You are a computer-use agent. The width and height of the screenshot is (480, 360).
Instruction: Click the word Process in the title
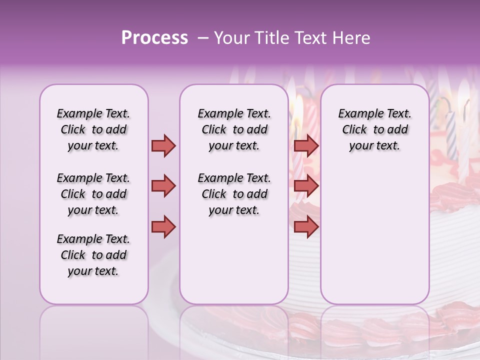coord(154,38)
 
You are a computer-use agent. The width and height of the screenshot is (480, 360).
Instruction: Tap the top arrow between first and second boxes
coord(163,145)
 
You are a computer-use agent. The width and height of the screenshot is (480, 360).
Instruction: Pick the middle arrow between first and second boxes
coord(163,186)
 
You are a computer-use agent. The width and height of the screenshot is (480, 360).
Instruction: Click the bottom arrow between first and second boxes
coord(163,227)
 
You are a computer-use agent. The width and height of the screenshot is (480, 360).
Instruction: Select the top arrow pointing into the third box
coord(306,145)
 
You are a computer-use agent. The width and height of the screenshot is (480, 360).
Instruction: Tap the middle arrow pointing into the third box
coord(306,186)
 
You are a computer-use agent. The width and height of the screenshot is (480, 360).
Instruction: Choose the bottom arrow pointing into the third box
coord(306,227)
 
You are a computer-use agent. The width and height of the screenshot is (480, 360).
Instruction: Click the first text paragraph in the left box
coord(93,129)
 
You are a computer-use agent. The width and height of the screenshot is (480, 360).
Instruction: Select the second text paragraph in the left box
coord(93,194)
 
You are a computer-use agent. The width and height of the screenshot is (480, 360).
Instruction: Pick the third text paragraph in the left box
coord(93,255)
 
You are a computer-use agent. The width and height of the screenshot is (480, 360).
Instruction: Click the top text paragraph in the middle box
coord(234,129)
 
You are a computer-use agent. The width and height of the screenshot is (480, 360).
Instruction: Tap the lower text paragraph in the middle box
coord(234,194)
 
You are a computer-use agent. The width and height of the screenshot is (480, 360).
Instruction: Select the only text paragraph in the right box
coord(374,129)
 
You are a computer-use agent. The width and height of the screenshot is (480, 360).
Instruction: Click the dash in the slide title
coord(203,38)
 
